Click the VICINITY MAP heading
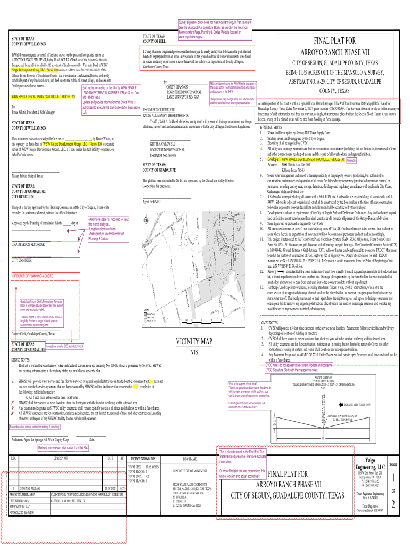(194, 357)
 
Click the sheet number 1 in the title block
(392, 478)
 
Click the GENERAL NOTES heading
(271, 128)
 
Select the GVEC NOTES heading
(271, 338)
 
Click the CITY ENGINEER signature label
(22, 260)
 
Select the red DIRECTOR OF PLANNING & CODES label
(32, 276)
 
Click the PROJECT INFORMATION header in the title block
(143, 459)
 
